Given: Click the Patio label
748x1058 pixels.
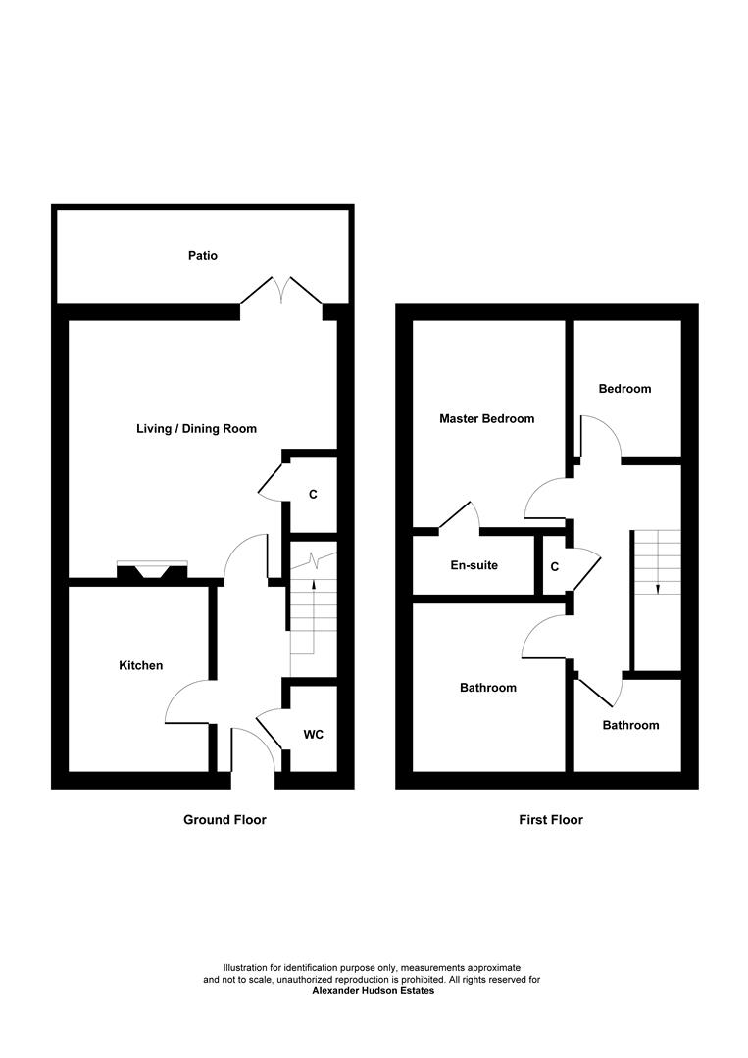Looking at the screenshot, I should coord(203,256).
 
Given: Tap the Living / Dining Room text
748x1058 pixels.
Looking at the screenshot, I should coord(196,429).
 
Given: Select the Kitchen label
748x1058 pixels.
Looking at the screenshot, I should coord(141,666).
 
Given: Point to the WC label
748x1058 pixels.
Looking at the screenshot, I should coord(313,734).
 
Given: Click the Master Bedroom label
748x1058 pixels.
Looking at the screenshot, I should coord(487,419).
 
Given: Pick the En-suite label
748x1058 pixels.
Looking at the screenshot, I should coord(474,566).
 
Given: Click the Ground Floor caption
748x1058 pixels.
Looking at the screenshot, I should coord(224,820).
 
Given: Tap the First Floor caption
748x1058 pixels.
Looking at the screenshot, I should coord(551,820).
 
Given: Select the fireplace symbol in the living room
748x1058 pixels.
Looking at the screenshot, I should coord(151,572).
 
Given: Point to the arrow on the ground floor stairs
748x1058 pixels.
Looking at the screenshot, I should coord(314,586).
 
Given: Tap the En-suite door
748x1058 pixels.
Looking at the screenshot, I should coord(459,516).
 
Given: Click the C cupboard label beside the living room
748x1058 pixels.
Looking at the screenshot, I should coord(313,495).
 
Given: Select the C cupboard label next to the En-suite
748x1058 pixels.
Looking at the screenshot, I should coord(555,567).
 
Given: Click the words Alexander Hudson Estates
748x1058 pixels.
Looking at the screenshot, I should coord(373,991).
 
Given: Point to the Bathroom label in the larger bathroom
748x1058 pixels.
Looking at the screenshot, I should coord(488,688).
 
